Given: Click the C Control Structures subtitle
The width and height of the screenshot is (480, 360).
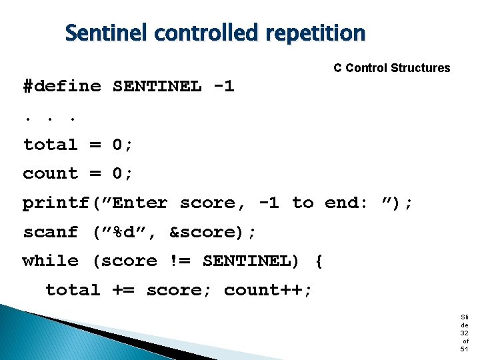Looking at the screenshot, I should (x=391, y=68).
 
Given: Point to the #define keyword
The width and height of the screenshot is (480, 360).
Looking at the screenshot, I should (x=62, y=87).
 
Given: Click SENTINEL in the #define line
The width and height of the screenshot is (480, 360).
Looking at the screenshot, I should (x=157, y=87).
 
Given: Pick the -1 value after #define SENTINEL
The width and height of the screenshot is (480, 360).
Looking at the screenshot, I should (x=224, y=87).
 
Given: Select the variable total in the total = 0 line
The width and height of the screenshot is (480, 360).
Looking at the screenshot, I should (x=50, y=145).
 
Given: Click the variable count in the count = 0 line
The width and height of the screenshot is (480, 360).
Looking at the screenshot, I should (x=50, y=174).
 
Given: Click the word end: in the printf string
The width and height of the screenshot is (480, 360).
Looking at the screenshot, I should (x=346, y=203).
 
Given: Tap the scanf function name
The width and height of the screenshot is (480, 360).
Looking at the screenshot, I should (x=50, y=232).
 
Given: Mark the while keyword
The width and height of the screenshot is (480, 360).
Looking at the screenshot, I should (x=50, y=261).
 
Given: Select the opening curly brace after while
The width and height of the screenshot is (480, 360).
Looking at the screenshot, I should (x=318, y=261).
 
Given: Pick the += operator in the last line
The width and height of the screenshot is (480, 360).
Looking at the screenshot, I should (x=123, y=290).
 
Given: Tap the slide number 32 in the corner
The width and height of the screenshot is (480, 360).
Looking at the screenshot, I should (x=464, y=333).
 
